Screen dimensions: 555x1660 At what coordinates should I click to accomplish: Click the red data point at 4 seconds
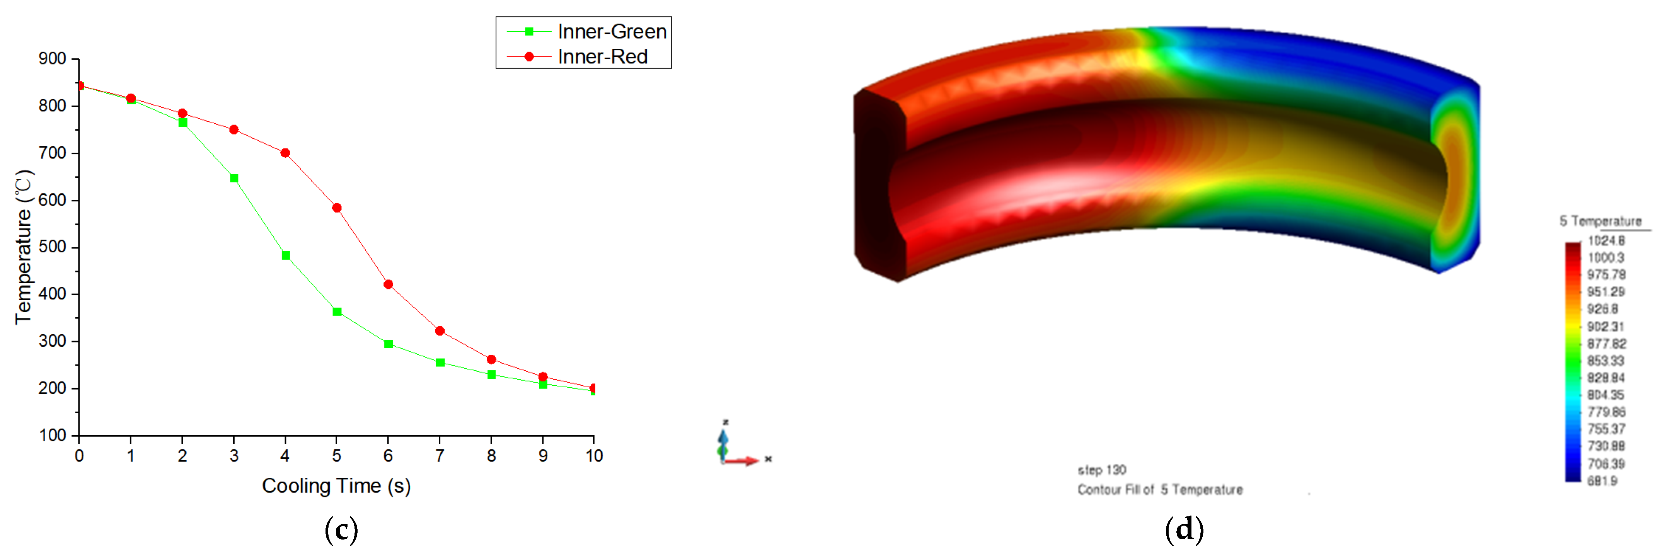pos(285,153)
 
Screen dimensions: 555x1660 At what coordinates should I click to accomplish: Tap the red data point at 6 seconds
pos(388,284)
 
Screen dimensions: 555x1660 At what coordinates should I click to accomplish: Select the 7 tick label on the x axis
pos(440,456)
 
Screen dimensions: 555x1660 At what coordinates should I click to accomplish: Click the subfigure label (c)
pos(341,530)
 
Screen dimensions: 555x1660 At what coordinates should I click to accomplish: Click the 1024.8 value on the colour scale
pos(1606,240)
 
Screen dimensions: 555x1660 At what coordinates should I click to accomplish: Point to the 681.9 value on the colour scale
pos(1602,480)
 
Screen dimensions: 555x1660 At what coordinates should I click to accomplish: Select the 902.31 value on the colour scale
pos(1606,326)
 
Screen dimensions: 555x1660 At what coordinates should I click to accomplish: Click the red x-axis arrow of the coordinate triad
pos(744,460)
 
